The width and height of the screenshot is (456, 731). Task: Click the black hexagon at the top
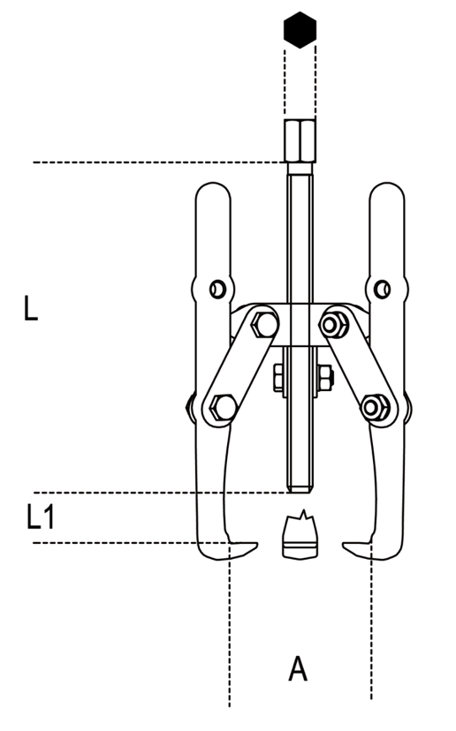300,29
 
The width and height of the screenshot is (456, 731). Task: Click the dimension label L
30,308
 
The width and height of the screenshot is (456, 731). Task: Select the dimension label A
298,668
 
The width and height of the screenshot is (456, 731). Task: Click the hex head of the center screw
300,140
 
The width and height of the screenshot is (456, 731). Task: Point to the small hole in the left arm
217,289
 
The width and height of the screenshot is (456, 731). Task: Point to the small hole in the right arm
383,289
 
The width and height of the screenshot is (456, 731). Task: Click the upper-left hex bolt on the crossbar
264,325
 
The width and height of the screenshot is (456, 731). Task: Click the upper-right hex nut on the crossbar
333,324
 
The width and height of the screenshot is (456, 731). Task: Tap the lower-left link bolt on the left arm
223,407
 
